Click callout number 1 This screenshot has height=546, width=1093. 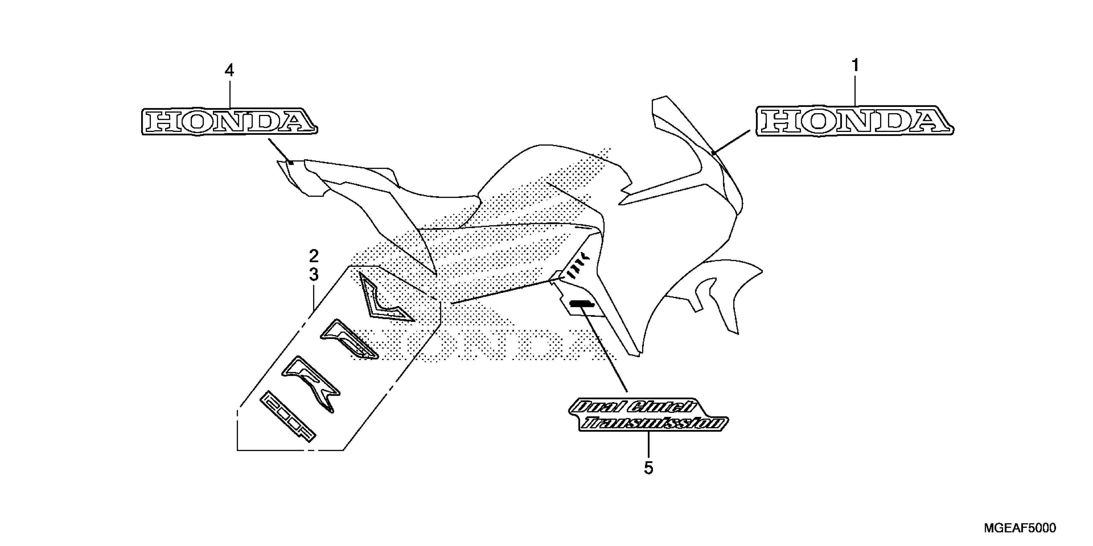point(855,66)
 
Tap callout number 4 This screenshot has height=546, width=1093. point(229,70)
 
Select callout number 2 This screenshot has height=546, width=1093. point(313,256)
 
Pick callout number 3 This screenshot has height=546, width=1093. point(313,275)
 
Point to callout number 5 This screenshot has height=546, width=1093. point(648,468)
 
